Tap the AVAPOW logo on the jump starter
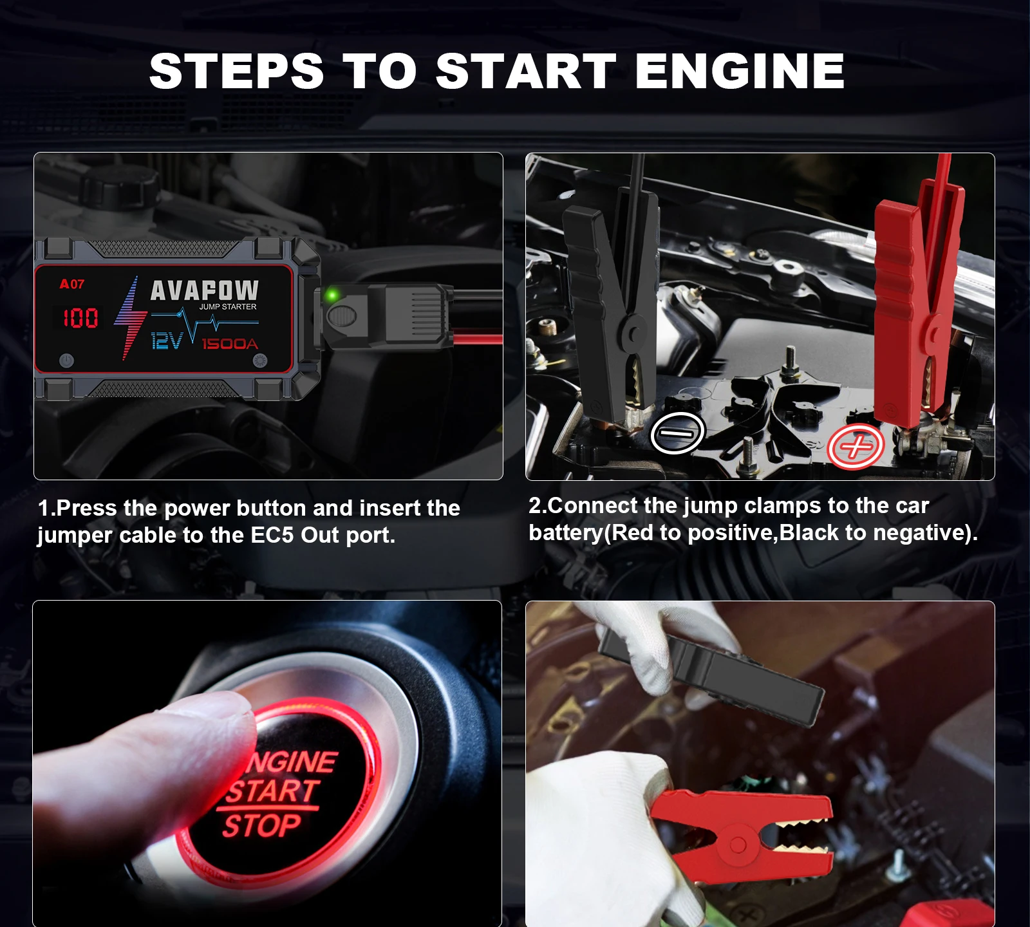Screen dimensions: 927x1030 pyautogui.click(x=204, y=290)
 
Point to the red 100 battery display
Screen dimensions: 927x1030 pyautogui.click(x=80, y=318)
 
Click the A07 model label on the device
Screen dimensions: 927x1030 pyautogui.click(x=72, y=284)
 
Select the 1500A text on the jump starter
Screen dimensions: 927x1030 pyautogui.click(x=230, y=344)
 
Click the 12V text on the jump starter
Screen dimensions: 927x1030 pyautogui.click(x=166, y=341)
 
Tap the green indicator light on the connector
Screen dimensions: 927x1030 pyautogui.click(x=332, y=295)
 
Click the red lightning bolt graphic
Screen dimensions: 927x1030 pyautogui.click(x=130, y=317)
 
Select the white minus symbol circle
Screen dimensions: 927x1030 pyautogui.click(x=677, y=433)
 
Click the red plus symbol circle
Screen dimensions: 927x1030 pyautogui.click(x=855, y=446)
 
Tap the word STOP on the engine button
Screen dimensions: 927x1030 pyautogui.click(x=261, y=825)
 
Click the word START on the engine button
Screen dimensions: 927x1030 pyautogui.click(x=273, y=791)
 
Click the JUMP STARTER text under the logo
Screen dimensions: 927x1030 pyautogui.click(x=227, y=306)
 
